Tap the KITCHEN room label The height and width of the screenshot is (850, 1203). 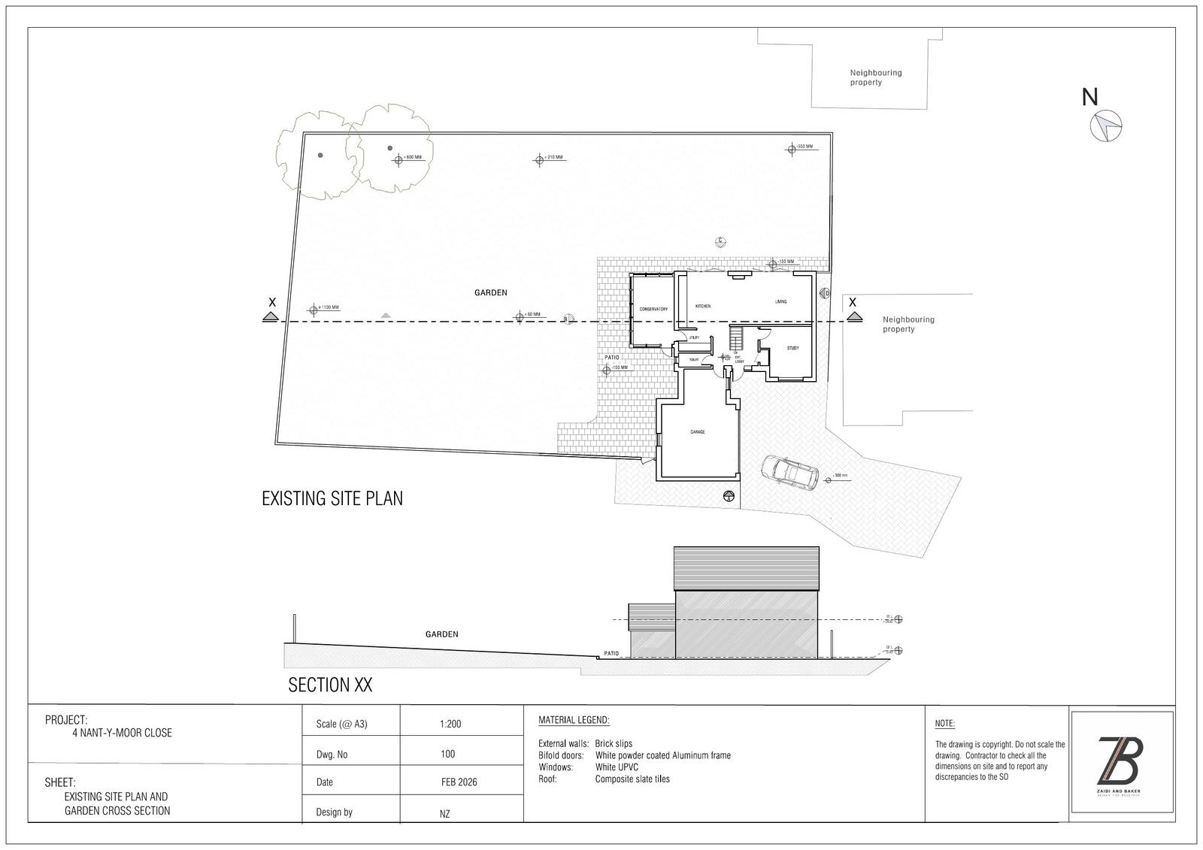click(702, 307)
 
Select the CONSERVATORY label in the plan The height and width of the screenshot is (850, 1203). click(653, 310)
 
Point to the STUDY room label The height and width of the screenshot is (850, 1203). click(792, 348)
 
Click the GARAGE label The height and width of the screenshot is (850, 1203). click(698, 432)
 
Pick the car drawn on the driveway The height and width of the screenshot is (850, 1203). click(789, 473)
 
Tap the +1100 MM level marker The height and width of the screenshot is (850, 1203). click(314, 309)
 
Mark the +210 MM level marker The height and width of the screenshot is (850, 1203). click(539, 159)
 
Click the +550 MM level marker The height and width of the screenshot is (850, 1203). click(791, 148)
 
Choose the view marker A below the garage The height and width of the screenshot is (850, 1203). click(728, 497)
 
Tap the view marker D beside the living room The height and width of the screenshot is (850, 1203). click(825, 293)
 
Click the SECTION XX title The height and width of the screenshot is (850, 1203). click(330, 685)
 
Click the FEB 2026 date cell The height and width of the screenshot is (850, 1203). click(459, 782)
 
